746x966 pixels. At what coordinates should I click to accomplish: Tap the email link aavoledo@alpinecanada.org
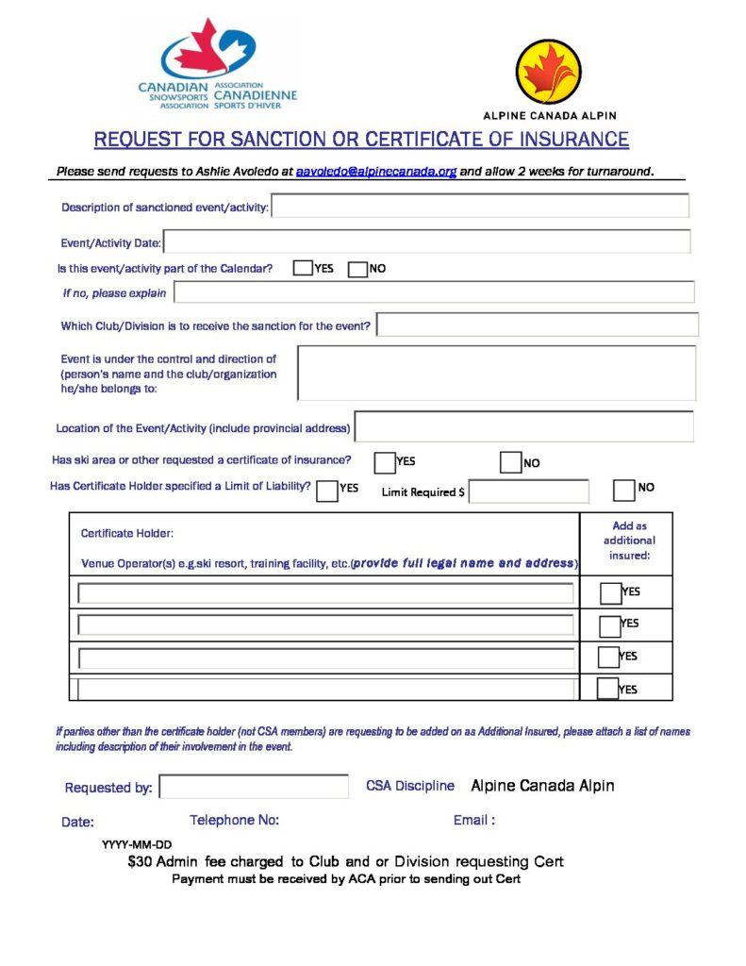(376, 172)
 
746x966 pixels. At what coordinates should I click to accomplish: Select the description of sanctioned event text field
(480, 206)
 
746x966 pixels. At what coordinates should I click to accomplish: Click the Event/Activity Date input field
(426, 241)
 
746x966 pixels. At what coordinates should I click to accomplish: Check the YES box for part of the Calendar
(303, 269)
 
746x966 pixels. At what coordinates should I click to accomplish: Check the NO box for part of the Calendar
(357, 270)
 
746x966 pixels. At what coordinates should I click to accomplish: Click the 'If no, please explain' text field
(434, 292)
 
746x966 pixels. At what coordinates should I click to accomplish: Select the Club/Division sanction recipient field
(537, 325)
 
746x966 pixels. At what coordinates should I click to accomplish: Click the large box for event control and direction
(496, 373)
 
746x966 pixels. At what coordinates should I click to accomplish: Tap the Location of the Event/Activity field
(523, 426)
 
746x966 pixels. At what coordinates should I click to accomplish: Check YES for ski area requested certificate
(385, 463)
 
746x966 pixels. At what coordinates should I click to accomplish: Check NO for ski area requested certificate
(510, 463)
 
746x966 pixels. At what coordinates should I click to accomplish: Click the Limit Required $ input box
(528, 491)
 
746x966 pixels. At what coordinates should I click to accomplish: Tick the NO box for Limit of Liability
(623, 491)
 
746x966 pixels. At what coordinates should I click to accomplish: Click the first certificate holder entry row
(325, 593)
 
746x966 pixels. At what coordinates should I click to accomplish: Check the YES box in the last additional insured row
(608, 689)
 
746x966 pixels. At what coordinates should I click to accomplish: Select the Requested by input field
(254, 787)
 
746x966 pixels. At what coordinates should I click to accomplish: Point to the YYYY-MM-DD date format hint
(137, 845)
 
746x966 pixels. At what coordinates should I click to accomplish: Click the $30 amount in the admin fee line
(140, 862)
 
